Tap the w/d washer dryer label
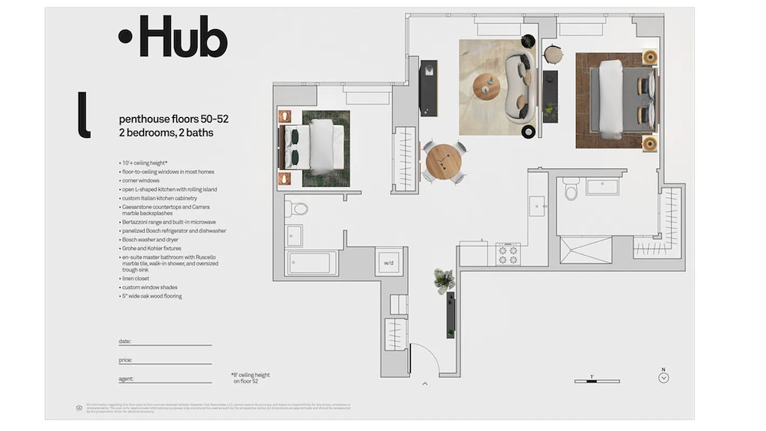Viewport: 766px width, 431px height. (389, 263)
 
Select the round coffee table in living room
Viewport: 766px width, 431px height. (486, 86)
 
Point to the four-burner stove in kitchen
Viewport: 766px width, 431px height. (508, 254)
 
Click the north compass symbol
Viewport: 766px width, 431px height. (664, 377)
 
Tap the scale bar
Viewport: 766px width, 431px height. (597, 381)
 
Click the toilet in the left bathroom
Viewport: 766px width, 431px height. (296, 208)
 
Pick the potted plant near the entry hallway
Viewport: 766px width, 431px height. (444, 280)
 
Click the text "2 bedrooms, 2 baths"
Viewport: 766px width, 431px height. (166, 133)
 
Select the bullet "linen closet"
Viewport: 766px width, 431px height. (135, 279)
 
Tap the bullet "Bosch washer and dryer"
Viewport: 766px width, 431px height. (150, 240)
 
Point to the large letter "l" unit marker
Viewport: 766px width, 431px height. (84, 115)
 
